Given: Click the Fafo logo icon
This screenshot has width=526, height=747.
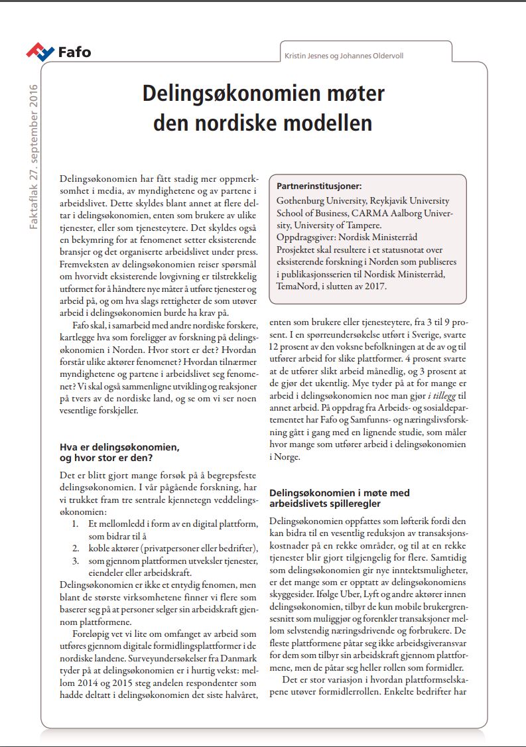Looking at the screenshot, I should click(40, 51).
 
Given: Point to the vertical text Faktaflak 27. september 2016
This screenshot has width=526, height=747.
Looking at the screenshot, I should click(34, 157).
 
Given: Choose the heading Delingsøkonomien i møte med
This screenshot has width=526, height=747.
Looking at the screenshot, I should click(339, 493).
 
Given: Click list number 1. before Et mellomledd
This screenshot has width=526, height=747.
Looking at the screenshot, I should click(78, 524).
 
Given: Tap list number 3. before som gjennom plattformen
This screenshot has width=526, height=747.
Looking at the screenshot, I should click(78, 561).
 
